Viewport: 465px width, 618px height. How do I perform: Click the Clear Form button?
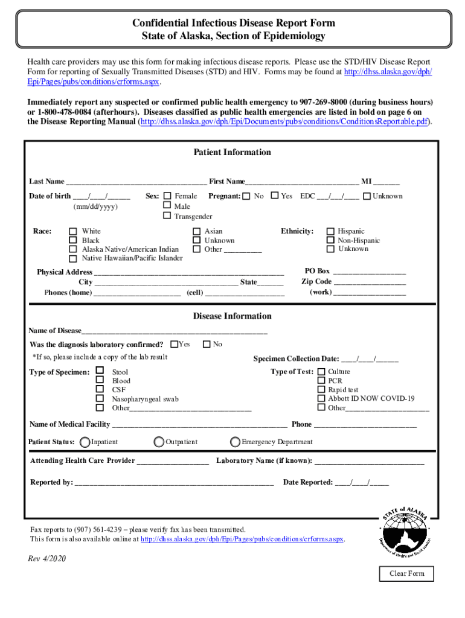[407, 573]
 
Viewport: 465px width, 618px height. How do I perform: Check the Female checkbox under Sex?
[167, 196]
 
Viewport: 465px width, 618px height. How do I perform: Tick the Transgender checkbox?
[167, 215]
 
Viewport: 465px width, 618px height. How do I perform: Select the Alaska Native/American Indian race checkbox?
[73, 249]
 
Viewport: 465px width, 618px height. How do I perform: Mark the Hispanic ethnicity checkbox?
[330, 231]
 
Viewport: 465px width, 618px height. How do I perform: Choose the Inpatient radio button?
[85, 442]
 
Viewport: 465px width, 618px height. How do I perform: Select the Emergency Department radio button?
[236, 442]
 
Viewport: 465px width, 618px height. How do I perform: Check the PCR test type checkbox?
[321, 381]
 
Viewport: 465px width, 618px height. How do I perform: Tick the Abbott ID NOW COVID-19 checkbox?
[321, 398]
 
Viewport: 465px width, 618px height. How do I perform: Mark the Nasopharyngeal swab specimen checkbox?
[100, 398]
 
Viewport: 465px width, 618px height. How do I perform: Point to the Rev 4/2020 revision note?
[47, 558]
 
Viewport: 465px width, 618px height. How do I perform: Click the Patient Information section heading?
[232, 152]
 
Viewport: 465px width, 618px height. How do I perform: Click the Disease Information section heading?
[232, 316]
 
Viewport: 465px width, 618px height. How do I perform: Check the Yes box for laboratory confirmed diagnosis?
[174, 344]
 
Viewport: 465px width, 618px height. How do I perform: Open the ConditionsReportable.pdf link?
[285, 121]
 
